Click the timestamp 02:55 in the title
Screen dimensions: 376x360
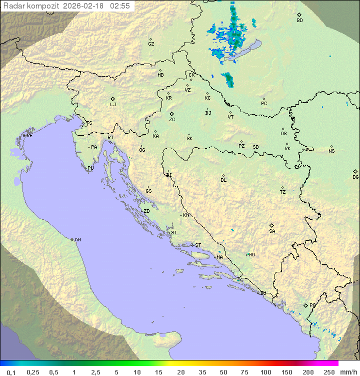click(x=120, y=6)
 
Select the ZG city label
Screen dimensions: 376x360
click(x=172, y=120)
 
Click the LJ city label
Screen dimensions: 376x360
click(x=113, y=105)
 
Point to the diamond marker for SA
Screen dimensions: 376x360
click(x=272, y=225)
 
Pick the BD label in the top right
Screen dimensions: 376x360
click(x=299, y=21)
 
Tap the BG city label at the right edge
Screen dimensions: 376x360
click(x=355, y=177)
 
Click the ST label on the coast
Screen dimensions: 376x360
click(x=198, y=245)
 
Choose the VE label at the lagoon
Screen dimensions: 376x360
click(x=29, y=136)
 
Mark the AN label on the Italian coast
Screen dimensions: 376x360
click(x=77, y=240)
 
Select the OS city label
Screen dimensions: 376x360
click(x=283, y=134)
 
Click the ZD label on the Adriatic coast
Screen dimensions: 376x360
click(x=146, y=211)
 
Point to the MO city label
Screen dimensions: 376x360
click(x=251, y=255)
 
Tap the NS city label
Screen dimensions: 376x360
click(x=331, y=151)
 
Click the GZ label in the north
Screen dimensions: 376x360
click(x=151, y=44)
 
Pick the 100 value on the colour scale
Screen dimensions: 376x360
click(x=265, y=372)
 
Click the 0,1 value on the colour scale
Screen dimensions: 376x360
click(x=11, y=372)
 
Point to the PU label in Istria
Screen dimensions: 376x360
click(x=90, y=168)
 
